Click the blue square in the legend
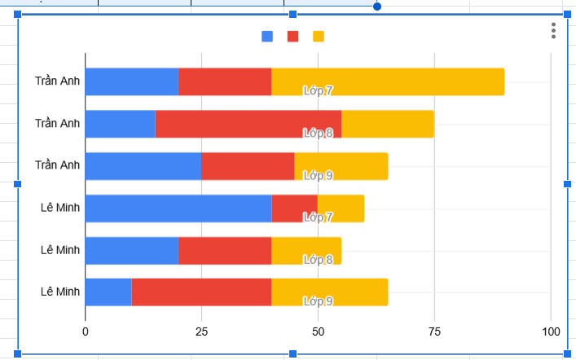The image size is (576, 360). click(267, 37)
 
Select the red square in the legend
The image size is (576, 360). click(293, 37)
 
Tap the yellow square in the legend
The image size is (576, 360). click(319, 37)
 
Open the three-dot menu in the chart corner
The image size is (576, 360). click(553, 31)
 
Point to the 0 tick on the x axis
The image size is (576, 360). click(86, 331)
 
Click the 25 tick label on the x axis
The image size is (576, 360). click(201, 331)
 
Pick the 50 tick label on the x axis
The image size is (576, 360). click(318, 331)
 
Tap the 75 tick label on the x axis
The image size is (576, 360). click(434, 331)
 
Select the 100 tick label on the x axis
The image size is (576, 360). click(551, 331)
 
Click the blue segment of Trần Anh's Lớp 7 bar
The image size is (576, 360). click(131, 81)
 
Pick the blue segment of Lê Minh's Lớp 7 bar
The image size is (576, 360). click(178, 209)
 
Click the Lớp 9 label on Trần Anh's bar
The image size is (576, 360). click(318, 175)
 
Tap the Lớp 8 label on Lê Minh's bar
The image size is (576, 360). click(318, 260)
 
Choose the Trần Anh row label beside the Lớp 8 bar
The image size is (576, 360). click(58, 123)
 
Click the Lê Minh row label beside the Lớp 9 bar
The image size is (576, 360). click(60, 292)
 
